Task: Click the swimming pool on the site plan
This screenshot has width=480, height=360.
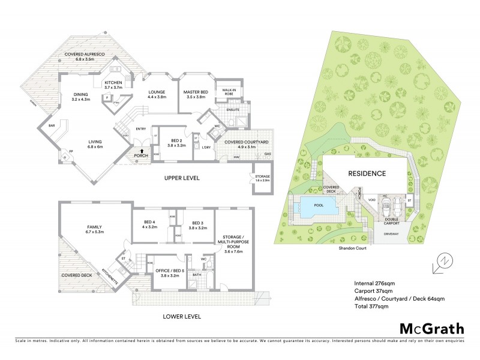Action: coord(317,208)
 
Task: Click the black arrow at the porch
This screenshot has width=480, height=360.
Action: coord(141,152)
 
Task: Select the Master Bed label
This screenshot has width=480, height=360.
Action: coord(195,93)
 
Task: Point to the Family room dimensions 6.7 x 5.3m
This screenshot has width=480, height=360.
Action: coord(95,232)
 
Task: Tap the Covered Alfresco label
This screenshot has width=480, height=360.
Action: coord(85,56)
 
